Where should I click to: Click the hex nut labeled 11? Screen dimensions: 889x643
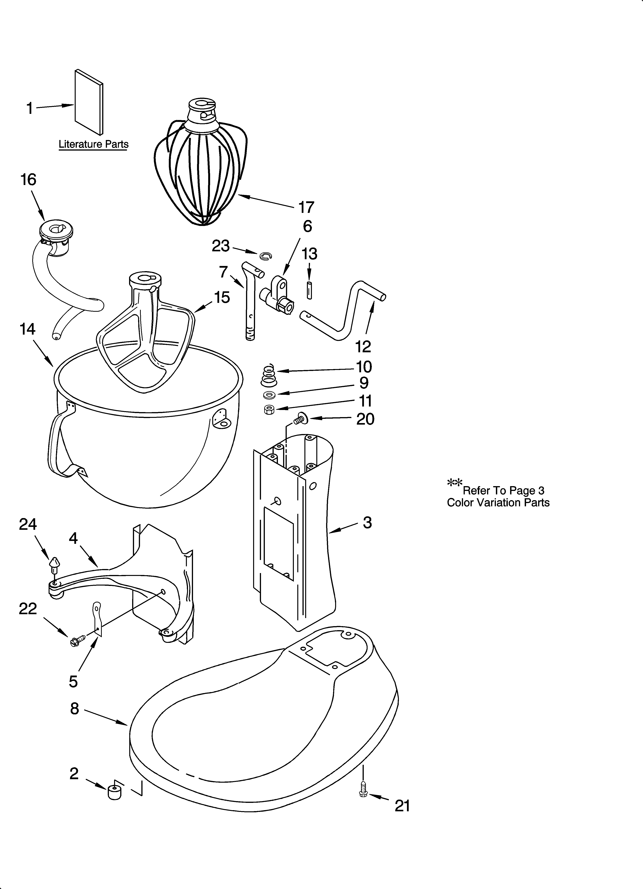point(269,410)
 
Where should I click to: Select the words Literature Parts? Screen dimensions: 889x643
point(94,144)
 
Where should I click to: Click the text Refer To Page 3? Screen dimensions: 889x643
point(503,490)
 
